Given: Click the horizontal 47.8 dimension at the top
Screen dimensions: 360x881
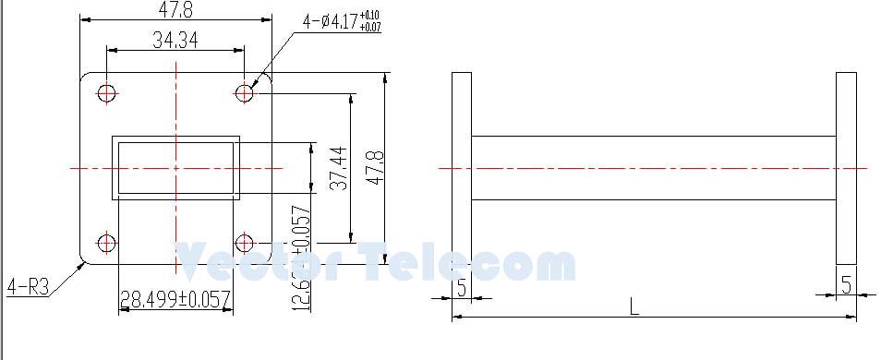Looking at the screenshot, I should click(x=175, y=9).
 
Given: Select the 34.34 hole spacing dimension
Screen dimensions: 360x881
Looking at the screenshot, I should click(x=175, y=40).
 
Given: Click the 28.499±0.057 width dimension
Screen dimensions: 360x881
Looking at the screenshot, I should click(x=175, y=300).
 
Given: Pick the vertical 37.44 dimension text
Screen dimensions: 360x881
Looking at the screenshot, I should click(x=338, y=167).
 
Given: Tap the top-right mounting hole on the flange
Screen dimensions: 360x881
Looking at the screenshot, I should click(x=245, y=92).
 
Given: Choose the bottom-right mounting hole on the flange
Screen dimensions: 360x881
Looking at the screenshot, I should click(x=245, y=244).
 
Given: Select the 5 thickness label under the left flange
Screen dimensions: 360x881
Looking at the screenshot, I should click(x=461, y=286).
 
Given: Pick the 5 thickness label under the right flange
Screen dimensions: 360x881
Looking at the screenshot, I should click(x=846, y=285).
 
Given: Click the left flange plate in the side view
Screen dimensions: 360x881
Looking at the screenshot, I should click(x=461, y=168).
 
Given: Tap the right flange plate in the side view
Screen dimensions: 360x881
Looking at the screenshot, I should click(x=846, y=168).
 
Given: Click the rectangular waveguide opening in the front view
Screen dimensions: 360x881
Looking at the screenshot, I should click(x=175, y=168).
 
